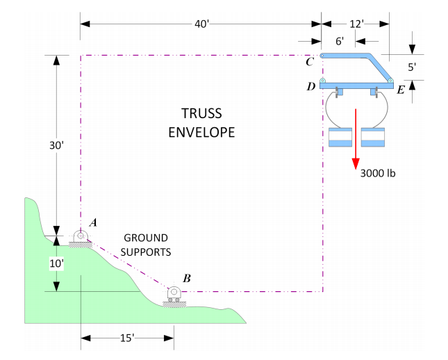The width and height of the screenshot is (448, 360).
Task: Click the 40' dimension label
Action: tap(201, 24)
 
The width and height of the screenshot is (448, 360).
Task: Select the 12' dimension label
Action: tap(356, 24)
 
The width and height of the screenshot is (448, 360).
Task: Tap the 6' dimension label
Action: tap(340, 42)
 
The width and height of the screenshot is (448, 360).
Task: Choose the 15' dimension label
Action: tap(127, 338)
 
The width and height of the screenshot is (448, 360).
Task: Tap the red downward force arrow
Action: tap(356, 139)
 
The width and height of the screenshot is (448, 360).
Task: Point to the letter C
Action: tap(309, 63)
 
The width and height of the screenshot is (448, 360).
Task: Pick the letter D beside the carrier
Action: tap(310, 87)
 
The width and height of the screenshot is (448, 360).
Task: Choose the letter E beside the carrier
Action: tap(401, 90)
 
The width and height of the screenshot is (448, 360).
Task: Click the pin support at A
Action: tap(81, 237)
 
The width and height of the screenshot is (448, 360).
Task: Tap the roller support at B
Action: tap(174, 295)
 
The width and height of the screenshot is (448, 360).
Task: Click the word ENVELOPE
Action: tap(201, 132)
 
